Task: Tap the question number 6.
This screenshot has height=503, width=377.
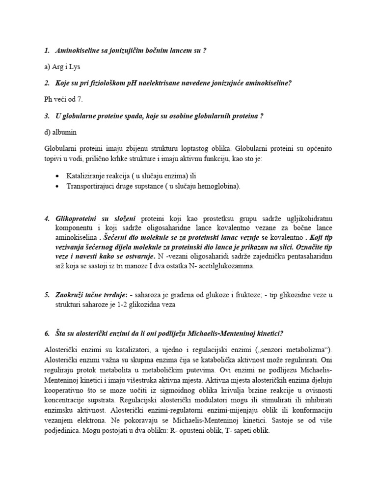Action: (x=47, y=333)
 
